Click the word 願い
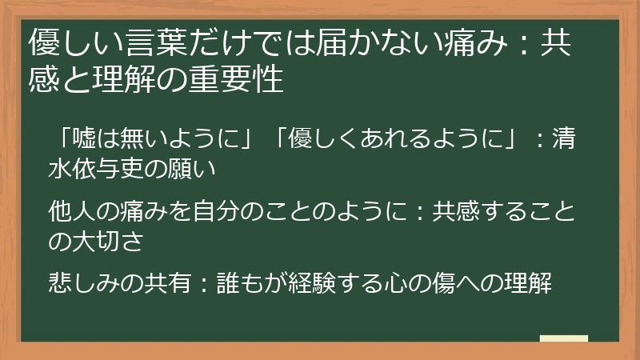tap(196, 170)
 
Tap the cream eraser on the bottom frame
tap(563, 338)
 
